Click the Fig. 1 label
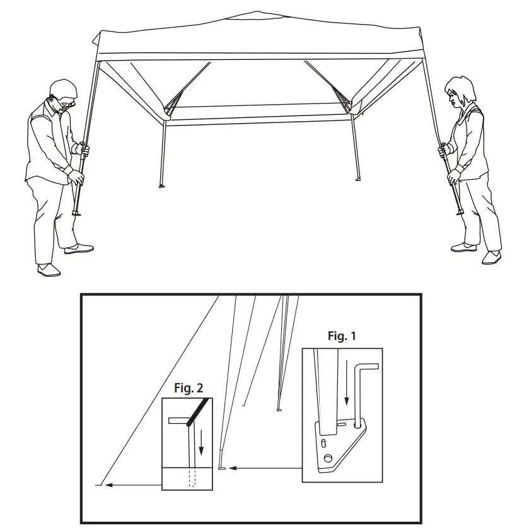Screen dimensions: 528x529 pyautogui.click(x=342, y=336)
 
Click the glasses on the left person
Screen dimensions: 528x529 pyautogui.click(x=65, y=99)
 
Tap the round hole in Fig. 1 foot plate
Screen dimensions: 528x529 pyautogui.click(x=327, y=457)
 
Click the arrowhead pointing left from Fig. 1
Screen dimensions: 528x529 pyautogui.click(x=233, y=468)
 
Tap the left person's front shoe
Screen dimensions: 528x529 pyautogui.click(x=49, y=270)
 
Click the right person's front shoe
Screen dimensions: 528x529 pyautogui.click(x=491, y=257)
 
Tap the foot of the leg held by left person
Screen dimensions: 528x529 pyautogui.click(x=77, y=214)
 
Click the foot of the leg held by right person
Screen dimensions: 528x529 pyautogui.click(x=460, y=213)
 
